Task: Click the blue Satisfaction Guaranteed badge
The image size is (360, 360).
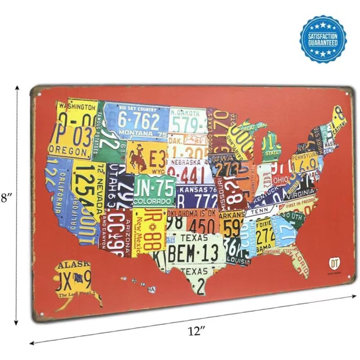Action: [x=323, y=39]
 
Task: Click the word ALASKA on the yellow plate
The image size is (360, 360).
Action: [x=74, y=266]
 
